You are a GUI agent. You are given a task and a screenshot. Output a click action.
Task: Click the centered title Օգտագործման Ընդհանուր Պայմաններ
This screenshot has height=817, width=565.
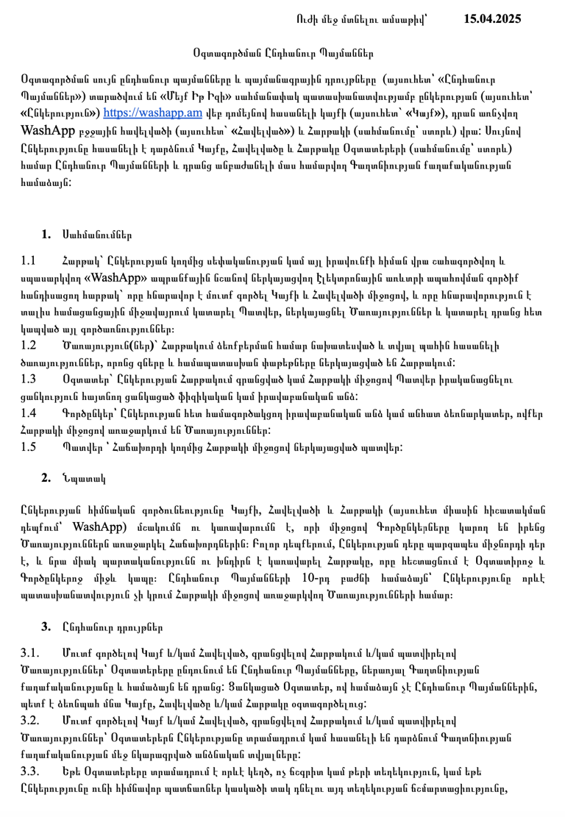pos(282,53)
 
